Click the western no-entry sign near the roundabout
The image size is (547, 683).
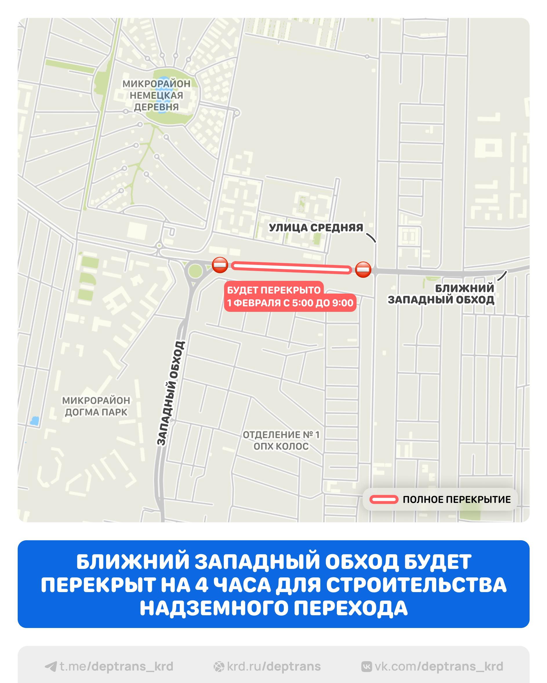click(x=220, y=265)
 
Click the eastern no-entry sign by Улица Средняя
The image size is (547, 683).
click(x=363, y=270)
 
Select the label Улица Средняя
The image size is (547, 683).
click(x=316, y=228)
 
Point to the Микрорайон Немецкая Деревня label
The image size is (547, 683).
click(x=156, y=95)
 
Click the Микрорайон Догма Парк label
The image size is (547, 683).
click(x=96, y=406)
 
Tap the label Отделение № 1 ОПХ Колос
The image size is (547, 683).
click(x=281, y=441)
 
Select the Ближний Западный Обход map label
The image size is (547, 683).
click(x=441, y=294)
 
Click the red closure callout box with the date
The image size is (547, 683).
click(x=290, y=296)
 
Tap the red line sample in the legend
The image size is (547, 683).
click(x=384, y=499)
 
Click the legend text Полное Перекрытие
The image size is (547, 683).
click(x=457, y=499)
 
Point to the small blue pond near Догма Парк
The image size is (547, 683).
click(x=34, y=421)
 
